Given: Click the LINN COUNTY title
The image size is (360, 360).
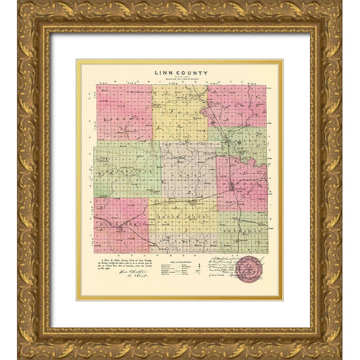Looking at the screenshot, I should click(180, 72).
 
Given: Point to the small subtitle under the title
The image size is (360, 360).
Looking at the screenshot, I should click(180, 79).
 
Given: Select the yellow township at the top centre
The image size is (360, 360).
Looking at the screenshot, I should click(180, 112).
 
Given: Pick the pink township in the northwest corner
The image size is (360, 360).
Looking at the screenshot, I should click(124, 112).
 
